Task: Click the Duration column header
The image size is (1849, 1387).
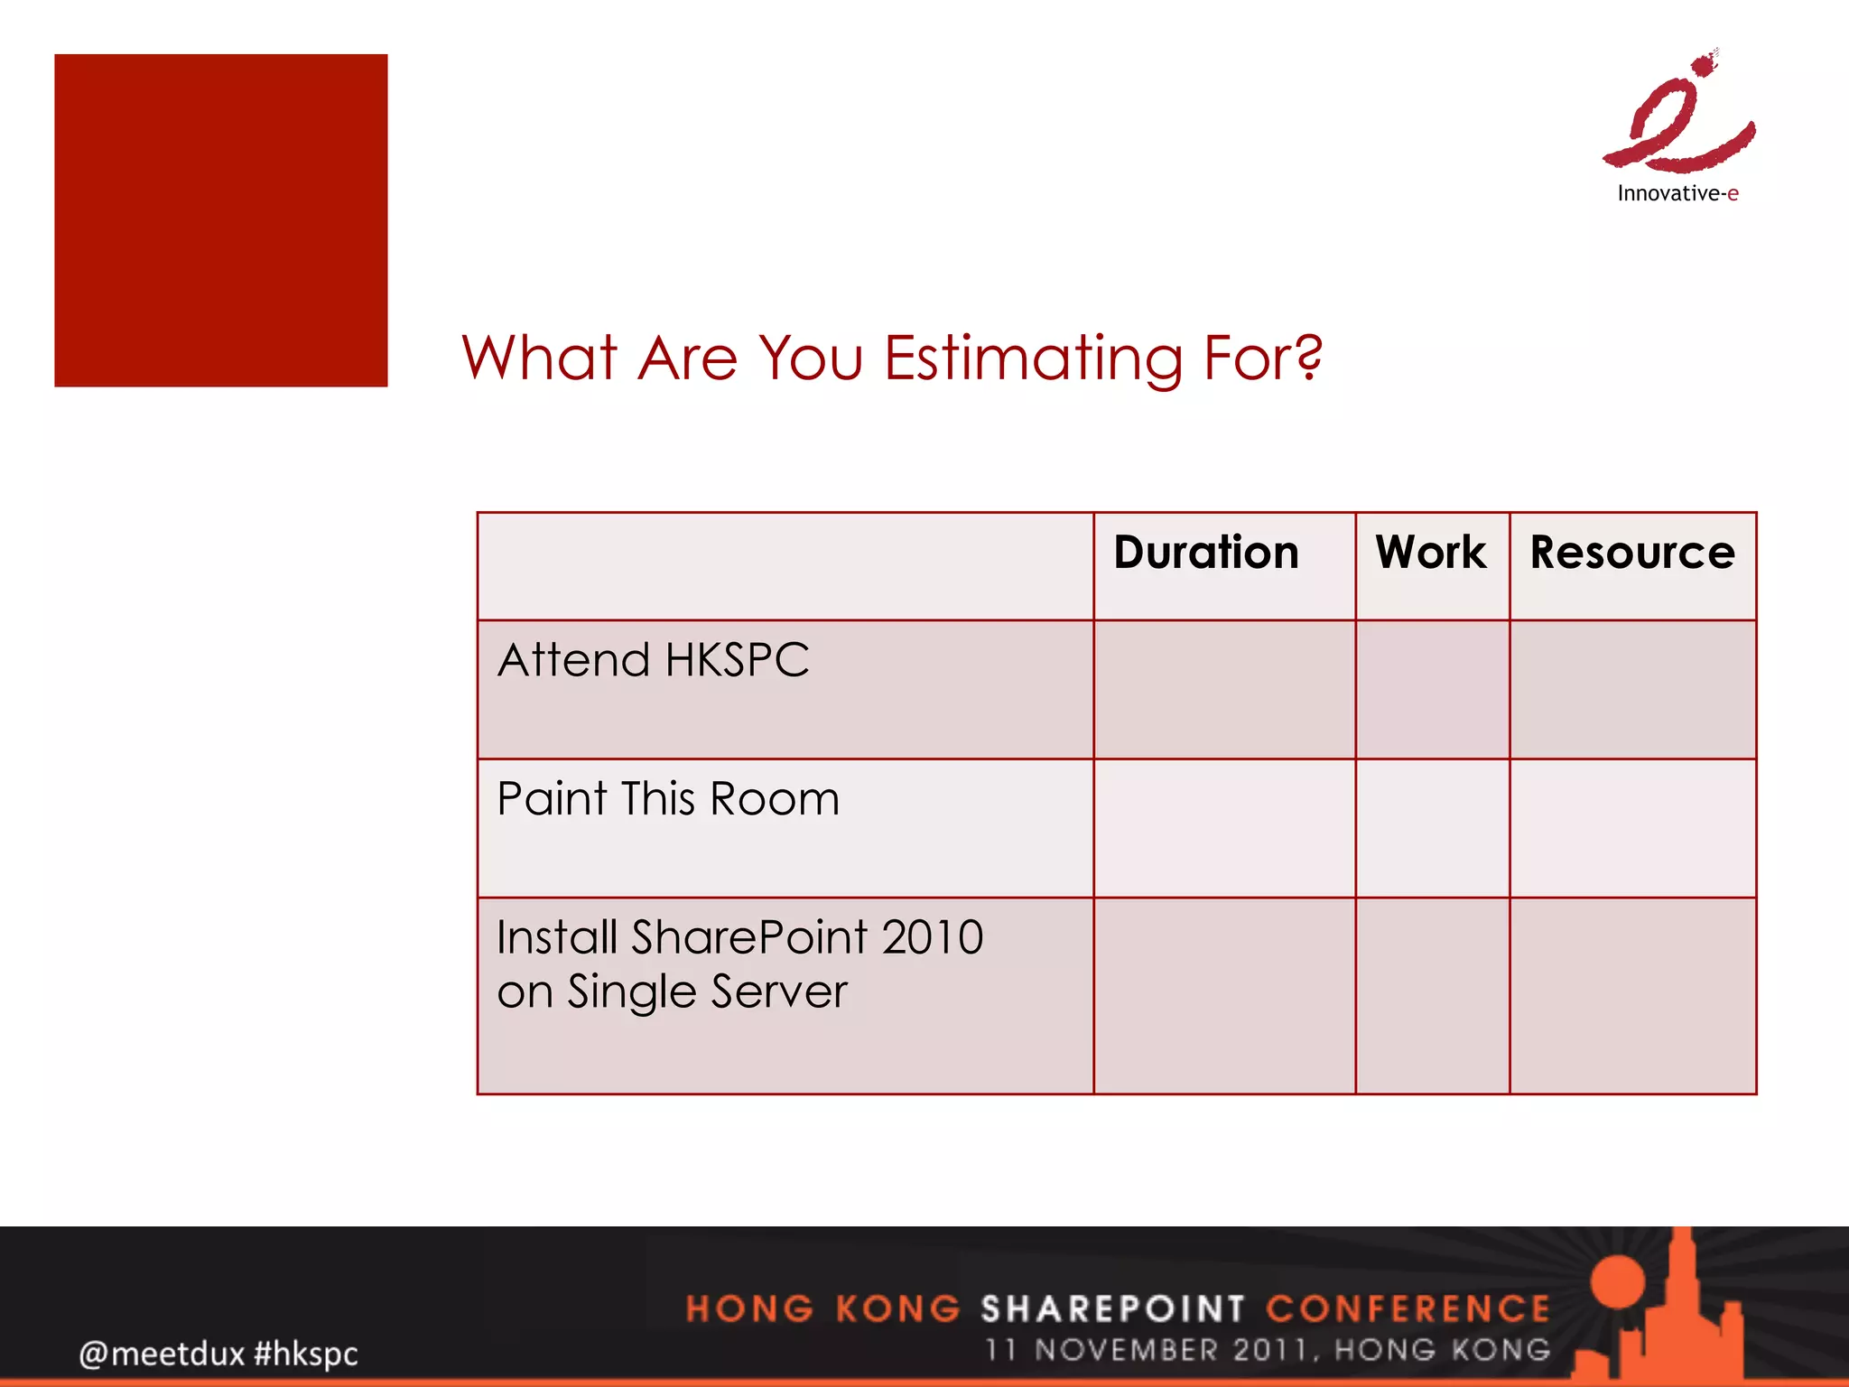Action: (1206, 553)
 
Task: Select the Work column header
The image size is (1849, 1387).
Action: (1431, 553)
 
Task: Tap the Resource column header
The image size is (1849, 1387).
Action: (1632, 553)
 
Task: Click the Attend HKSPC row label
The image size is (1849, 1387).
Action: (654, 660)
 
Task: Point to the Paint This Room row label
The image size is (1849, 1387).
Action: (668, 799)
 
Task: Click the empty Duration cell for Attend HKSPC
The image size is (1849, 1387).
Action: (1224, 690)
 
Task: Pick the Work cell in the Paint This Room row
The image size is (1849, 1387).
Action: (1432, 828)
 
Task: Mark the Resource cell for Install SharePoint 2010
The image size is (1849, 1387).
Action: (1632, 995)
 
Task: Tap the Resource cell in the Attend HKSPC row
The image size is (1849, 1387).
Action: (1632, 690)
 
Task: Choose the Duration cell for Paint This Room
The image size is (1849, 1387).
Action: (1224, 828)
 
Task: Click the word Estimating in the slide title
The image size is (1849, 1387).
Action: (1034, 359)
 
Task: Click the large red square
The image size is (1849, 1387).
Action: (221, 220)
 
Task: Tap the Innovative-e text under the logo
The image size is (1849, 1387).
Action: (1677, 193)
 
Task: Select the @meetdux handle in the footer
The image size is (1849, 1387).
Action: (162, 1354)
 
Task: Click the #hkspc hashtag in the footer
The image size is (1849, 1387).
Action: (306, 1354)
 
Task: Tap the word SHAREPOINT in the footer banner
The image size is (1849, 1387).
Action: (1112, 1308)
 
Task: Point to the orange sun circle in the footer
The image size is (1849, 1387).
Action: (1618, 1282)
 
